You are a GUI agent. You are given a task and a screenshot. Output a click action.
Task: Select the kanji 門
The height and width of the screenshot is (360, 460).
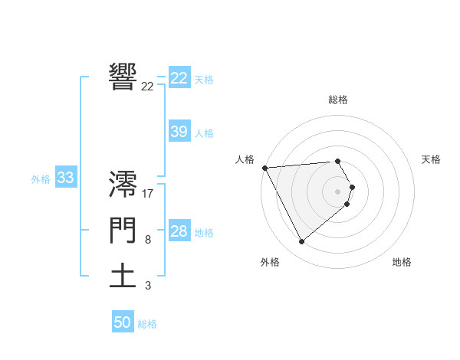123,231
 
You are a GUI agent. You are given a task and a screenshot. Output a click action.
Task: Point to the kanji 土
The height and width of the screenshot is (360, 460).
123,276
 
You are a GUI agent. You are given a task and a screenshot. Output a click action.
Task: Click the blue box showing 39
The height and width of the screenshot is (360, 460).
179,132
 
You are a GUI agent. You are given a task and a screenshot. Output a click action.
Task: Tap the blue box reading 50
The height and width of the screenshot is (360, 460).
123,322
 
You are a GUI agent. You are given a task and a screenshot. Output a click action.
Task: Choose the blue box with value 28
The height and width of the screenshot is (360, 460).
179,231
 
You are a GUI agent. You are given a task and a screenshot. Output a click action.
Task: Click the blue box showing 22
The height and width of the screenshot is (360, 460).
179,78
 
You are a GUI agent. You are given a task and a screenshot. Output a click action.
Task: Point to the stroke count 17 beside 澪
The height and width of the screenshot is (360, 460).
148,193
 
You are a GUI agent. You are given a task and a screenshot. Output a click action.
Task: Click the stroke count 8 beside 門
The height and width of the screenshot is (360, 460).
148,240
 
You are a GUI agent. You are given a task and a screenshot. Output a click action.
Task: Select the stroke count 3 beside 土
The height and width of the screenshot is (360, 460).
148,286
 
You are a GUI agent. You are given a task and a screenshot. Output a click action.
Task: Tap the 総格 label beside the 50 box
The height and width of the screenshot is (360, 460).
147,324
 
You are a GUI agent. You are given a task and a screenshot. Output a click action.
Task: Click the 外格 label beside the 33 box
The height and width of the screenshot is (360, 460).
41,179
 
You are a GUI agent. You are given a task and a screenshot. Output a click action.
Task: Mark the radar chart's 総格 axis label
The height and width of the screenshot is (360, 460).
338,100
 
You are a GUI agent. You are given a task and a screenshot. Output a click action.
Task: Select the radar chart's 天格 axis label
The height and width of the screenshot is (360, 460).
431,159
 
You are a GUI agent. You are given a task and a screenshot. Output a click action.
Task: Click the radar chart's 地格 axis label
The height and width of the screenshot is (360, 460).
402,262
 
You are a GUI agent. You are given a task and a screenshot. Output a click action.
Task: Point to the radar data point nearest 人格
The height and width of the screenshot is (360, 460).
264,167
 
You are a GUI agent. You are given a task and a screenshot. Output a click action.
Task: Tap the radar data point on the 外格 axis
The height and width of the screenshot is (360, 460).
301,242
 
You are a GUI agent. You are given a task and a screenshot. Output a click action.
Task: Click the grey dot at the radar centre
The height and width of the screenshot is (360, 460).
338,191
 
